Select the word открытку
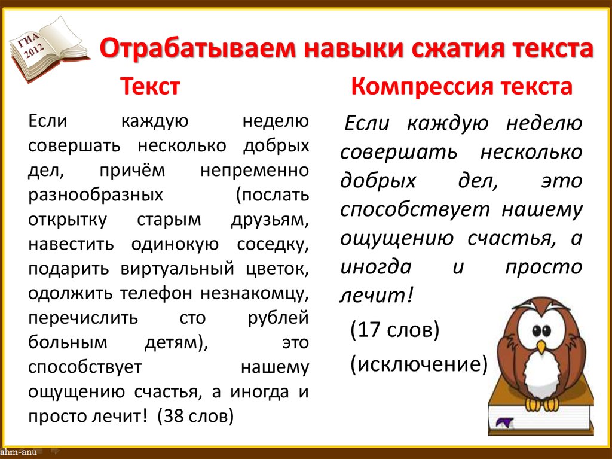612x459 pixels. point(67,220)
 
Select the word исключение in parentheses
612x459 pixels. point(418,363)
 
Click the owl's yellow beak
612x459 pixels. point(541,346)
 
